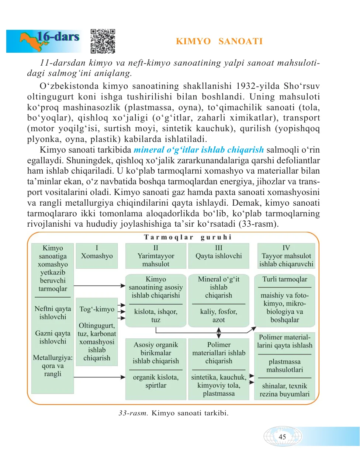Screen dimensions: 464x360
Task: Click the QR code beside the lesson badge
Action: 103,41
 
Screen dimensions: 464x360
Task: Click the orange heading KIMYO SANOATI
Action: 219,41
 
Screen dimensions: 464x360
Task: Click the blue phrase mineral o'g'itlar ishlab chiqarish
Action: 198,150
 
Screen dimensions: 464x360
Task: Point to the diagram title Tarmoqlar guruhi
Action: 187,237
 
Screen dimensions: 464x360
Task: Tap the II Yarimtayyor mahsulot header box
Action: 156,256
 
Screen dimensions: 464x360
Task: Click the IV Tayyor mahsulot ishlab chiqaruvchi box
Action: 286,256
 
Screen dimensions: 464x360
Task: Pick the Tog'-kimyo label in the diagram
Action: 97,309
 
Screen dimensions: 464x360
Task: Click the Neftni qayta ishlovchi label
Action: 53,313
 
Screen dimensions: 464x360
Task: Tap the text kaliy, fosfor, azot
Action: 219,315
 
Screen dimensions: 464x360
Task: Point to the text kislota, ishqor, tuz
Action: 156,315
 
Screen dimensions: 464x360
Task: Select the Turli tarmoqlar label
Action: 285,279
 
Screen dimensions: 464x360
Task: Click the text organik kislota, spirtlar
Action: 156,381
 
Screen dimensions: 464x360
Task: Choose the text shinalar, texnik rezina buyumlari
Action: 284,390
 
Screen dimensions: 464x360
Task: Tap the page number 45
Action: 282,437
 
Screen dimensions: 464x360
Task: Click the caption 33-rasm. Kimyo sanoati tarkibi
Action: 173,413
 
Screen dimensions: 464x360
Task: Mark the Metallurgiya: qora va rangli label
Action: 53,366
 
